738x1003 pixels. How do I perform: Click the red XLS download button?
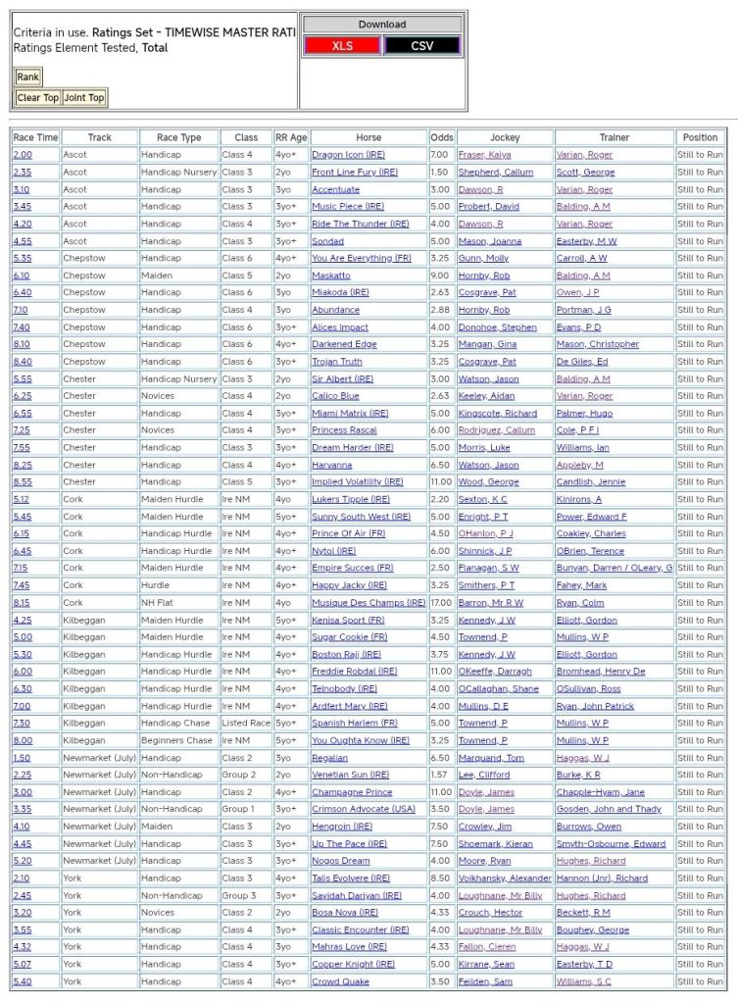point(342,46)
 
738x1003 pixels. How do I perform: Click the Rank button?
point(27,76)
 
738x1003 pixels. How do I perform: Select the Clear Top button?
point(37,98)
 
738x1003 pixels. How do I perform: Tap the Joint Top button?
point(83,98)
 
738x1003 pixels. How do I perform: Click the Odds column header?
point(442,137)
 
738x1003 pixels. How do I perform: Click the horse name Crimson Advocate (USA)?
point(363,809)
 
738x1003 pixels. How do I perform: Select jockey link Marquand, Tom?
point(491,758)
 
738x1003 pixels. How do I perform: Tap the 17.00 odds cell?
point(441,603)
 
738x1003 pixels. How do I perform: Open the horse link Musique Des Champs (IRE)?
point(369,603)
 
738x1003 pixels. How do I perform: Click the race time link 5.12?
point(22,499)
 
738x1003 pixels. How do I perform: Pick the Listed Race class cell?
point(245,723)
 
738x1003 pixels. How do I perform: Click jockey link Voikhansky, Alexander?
point(504,878)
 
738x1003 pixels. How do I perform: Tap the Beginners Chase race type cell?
point(176,740)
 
